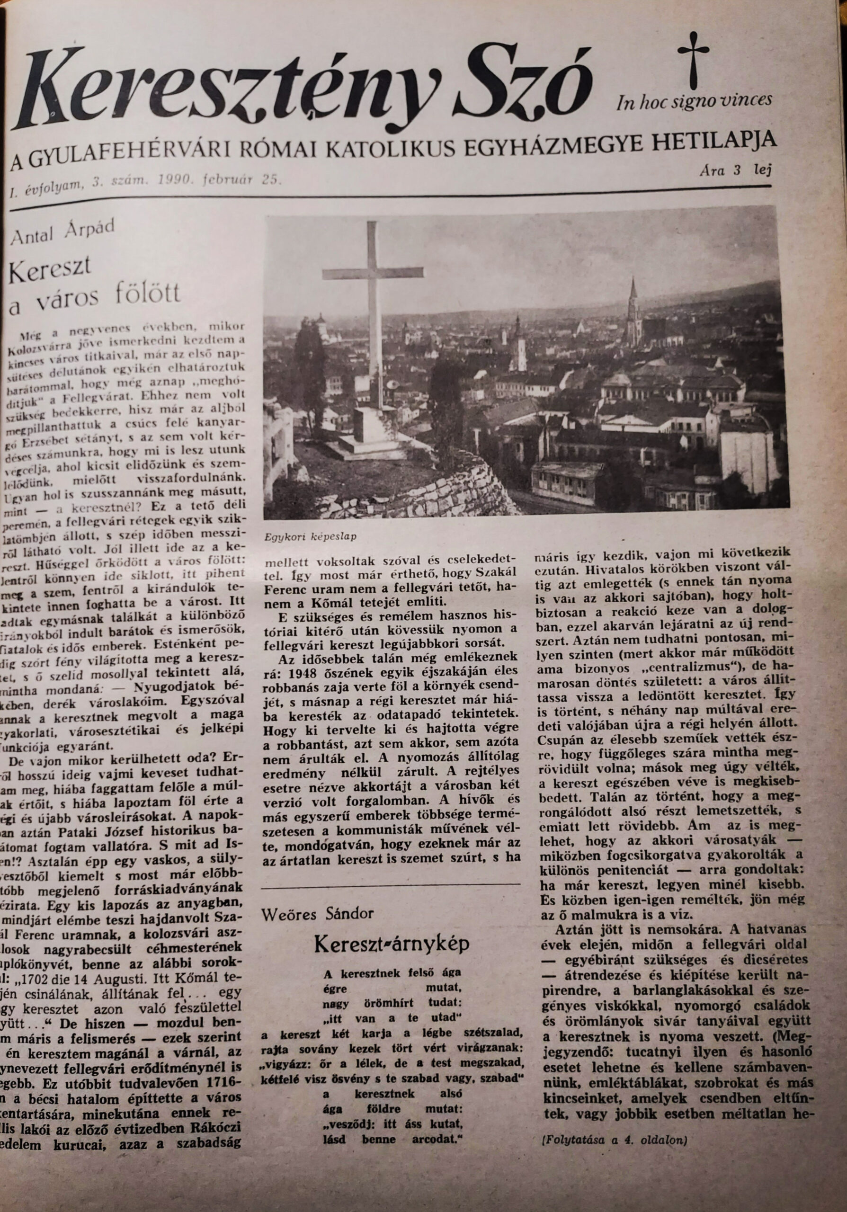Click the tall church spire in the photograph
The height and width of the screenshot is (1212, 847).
(x=633, y=306)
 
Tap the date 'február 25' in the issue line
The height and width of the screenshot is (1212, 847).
(x=248, y=179)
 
